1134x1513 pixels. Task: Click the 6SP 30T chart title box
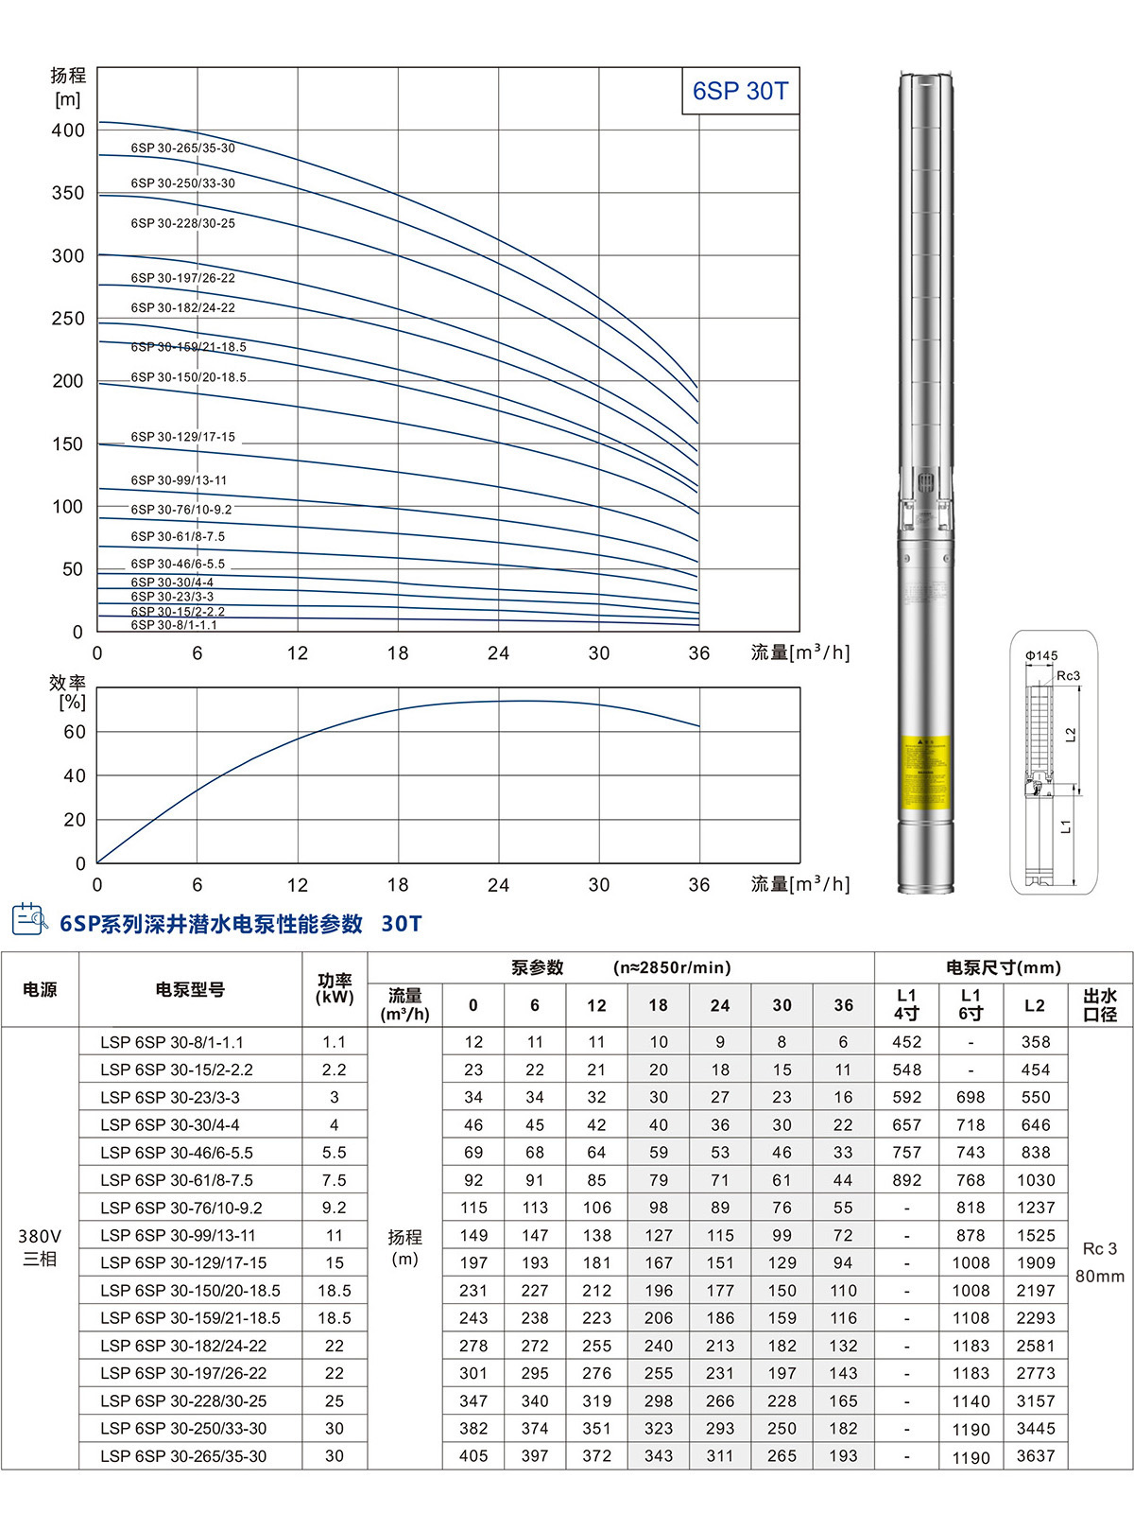(740, 91)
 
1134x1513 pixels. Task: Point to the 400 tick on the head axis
(68, 130)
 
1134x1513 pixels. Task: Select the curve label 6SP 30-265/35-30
(183, 148)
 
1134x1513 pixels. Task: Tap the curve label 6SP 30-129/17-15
(183, 437)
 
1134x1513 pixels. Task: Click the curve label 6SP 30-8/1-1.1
(174, 625)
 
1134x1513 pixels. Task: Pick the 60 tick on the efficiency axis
(75, 732)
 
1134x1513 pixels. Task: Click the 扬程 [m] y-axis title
(68, 87)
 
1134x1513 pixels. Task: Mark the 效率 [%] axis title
(68, 692)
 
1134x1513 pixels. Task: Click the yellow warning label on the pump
(924, 772)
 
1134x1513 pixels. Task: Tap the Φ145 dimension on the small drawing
(1041, 655)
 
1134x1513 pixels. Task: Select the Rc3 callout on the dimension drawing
(1068, 676)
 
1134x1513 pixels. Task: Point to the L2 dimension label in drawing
(1071, 735)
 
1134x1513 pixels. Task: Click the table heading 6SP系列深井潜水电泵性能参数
(212, 924)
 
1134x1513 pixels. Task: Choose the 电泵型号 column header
(190, 990)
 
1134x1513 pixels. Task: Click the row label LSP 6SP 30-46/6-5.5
(177, 1153)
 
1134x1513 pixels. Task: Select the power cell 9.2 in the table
(335, 1208)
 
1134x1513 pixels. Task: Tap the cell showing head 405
(473, 1456)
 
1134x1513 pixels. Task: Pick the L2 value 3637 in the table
(1036, 1456)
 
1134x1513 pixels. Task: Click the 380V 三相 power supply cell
(40, 1248)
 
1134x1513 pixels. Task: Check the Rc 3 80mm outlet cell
(1100, 1262)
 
